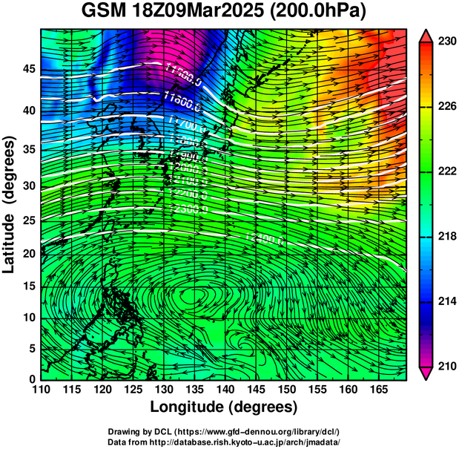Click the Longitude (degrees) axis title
pos(224,407)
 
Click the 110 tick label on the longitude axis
pos(42,390)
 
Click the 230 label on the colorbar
pos(446,42)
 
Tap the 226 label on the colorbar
pos(446,107)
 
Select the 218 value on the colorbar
pos(446,236)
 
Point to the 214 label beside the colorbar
pos(446,301)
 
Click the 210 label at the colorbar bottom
pos(446,366)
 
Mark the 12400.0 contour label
pos(263,238)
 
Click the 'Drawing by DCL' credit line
pos(223,431)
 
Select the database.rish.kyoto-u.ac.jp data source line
pos(223,442)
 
